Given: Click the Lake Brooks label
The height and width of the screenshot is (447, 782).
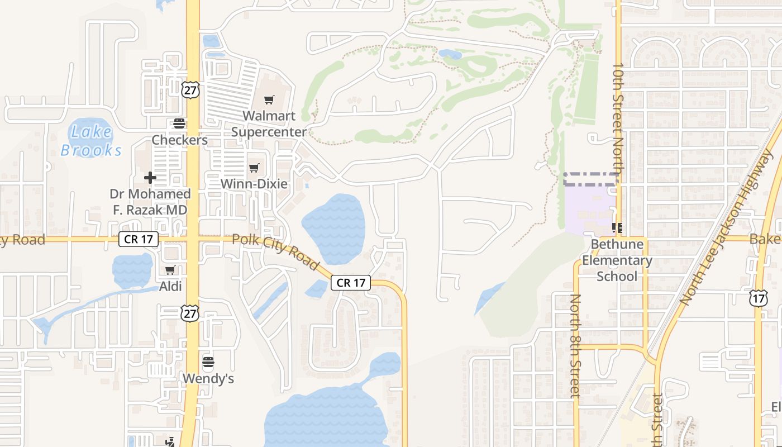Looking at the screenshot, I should pos(91,141).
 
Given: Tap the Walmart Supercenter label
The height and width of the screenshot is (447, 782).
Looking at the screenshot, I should pos(269,124).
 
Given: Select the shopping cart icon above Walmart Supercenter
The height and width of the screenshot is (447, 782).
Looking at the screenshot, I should pos(269,100).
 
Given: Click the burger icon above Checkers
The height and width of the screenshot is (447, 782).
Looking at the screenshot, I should pos(179,123).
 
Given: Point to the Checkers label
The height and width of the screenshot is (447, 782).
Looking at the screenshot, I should pos(180,140).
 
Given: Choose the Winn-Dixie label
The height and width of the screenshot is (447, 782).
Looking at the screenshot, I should pos(254,184).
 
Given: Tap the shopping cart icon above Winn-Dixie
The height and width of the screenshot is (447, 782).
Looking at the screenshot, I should pos(254,168).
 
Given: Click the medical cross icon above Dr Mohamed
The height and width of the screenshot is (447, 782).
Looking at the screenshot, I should pos(150,178).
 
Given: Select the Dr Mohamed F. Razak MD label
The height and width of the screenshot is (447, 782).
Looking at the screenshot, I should pos(150,202).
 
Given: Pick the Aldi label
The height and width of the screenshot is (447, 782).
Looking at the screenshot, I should pos(170,286).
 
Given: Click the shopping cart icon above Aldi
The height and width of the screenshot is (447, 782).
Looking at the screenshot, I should pos(170,270).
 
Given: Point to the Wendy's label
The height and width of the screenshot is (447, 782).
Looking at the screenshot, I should pos(208,379).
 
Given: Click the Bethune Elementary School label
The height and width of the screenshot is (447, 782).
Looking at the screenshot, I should pos(617,260).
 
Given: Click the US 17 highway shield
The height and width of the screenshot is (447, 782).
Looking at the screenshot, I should pos(758,298).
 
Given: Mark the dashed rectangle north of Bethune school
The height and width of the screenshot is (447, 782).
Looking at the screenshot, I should pos(591,179).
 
